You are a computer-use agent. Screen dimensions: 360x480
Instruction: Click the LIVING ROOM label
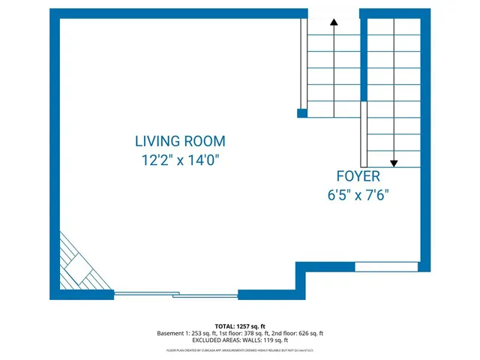tap(180, 140)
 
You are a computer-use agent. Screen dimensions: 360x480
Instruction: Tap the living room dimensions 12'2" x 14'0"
tap(180, 159)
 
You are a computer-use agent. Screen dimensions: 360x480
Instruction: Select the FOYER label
tap(357, 177)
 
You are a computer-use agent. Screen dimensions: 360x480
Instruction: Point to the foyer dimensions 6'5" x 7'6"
tap(357, 195)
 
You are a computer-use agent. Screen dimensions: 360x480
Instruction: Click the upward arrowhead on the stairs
tap(334, 23)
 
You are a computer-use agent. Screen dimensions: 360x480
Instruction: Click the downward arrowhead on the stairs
tap(394, 162)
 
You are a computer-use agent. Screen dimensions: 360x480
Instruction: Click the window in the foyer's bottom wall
tap(385, 266)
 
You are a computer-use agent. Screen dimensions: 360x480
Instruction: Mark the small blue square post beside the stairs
tap(302, 113)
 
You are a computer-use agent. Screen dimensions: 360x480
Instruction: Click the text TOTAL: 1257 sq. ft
tap(239, 326)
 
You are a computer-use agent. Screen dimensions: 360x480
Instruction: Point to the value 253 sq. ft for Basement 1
tap(202, 334)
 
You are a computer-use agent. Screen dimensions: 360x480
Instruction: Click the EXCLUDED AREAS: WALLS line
tap(239, 341)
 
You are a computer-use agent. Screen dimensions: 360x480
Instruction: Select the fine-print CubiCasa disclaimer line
tap(239, 350)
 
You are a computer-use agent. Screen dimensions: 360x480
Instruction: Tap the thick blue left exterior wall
tap(54, 150)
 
